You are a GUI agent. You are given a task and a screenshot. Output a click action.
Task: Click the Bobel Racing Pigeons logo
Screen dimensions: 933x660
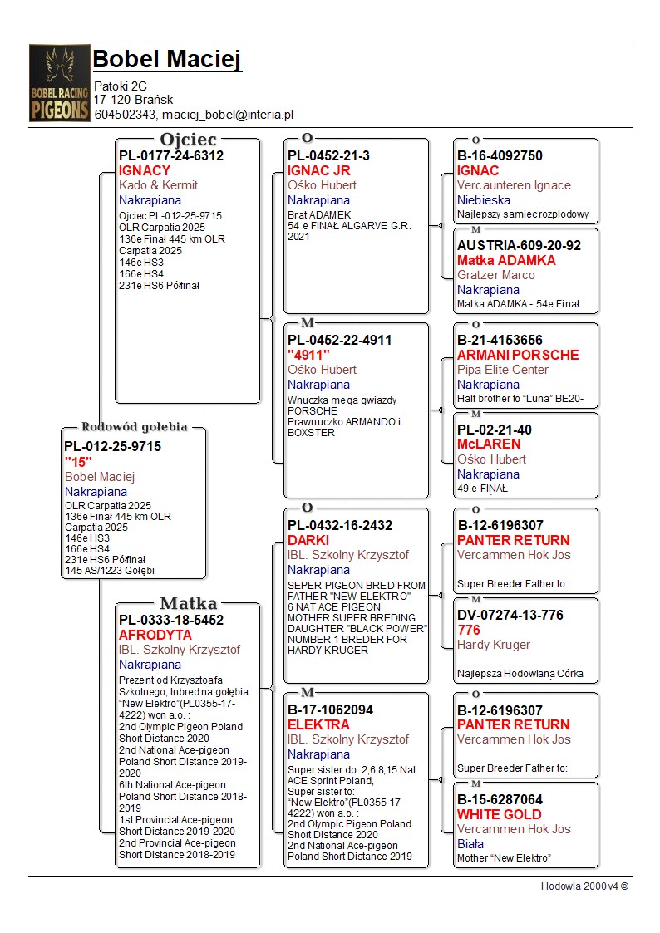click(x=59, y=83)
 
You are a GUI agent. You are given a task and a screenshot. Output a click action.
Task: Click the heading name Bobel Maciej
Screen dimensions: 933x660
click(x=166, y=60)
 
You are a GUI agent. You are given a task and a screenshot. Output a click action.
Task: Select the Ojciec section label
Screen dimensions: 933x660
click(x=188, y=140)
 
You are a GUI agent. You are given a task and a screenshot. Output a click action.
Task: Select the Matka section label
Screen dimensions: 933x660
click(x=188, y=603)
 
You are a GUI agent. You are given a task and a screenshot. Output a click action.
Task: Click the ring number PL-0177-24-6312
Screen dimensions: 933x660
click(x=170, y=155)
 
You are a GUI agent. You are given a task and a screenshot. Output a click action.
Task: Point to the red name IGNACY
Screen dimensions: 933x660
click(x=144, y=170)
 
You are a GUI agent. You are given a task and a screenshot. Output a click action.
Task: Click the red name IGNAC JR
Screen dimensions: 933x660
click(x=318, y=170)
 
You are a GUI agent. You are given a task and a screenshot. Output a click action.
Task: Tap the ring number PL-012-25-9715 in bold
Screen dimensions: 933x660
click(x=112, y=446)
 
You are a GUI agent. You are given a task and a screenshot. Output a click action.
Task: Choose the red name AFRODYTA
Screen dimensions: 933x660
click(x=155, y=635)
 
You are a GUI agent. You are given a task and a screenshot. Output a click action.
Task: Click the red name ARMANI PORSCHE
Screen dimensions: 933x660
click(x=518, y=355)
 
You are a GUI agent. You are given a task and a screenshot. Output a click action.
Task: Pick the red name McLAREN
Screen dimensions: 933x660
click(x=489, y=444)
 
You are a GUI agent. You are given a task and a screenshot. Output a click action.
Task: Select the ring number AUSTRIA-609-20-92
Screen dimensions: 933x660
click(x=519, y=245)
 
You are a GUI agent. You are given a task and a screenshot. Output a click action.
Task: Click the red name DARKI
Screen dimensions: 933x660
click(x=308, y=540)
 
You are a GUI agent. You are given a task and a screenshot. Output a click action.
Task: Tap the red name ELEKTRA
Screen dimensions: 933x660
click(x=318, y=724)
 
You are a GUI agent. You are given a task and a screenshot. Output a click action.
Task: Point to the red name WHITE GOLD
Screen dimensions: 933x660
click(x=499, y=814)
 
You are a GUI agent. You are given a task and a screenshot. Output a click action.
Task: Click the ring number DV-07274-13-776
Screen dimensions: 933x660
click(x=510, y=615)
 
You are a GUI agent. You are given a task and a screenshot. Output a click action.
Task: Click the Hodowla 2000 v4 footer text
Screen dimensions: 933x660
click(x=584, y=886)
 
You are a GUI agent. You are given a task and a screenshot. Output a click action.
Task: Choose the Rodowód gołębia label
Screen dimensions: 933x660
click(x=134, y=427)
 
